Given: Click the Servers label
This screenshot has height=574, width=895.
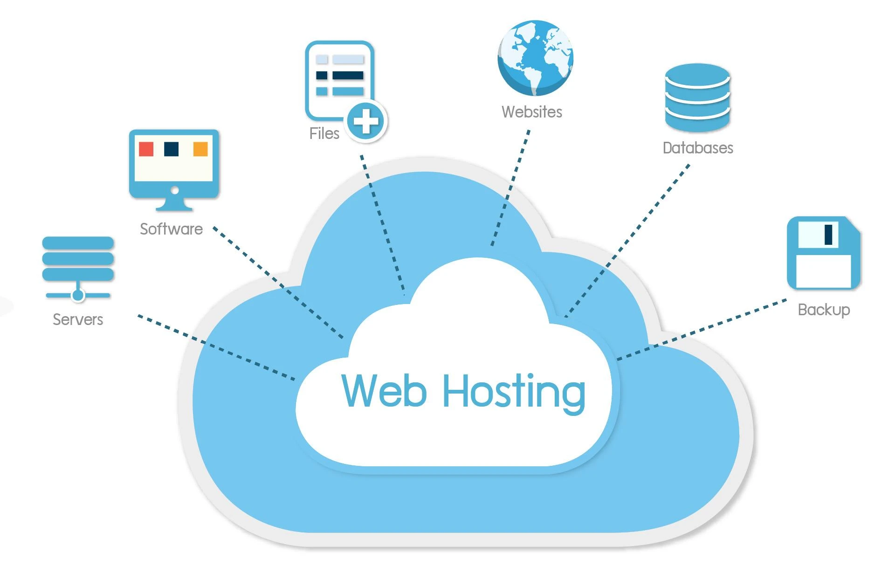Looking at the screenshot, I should tap(78, 319).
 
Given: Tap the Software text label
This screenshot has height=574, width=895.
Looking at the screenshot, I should tap(171, 229).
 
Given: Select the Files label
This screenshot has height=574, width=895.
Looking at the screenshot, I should tap(324, 134).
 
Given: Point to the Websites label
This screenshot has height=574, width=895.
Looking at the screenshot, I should tap(532, 112).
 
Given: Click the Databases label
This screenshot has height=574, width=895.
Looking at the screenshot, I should tap(698, 148).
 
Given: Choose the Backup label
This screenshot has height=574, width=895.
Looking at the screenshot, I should tap(824, 310).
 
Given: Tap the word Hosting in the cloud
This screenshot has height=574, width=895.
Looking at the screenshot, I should tap(514, 393).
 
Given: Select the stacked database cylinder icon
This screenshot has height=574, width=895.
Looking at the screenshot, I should tap(697, 98).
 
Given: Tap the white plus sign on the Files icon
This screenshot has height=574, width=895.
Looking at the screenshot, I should tap(366, 121).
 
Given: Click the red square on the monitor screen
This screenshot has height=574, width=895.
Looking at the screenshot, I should tap(146, 149).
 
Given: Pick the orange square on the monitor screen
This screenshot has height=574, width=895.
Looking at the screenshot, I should tap(200, 149).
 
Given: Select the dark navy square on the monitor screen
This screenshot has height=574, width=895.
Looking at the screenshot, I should tap(172, 149).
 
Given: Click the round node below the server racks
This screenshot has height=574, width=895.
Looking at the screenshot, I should tap(78, 295).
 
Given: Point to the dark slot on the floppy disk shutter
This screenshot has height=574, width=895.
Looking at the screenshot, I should tap(828, 235).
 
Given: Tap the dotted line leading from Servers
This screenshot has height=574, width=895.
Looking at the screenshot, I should tap(214, 347).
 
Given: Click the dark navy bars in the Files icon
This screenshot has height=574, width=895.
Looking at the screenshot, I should tap(347, 76).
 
